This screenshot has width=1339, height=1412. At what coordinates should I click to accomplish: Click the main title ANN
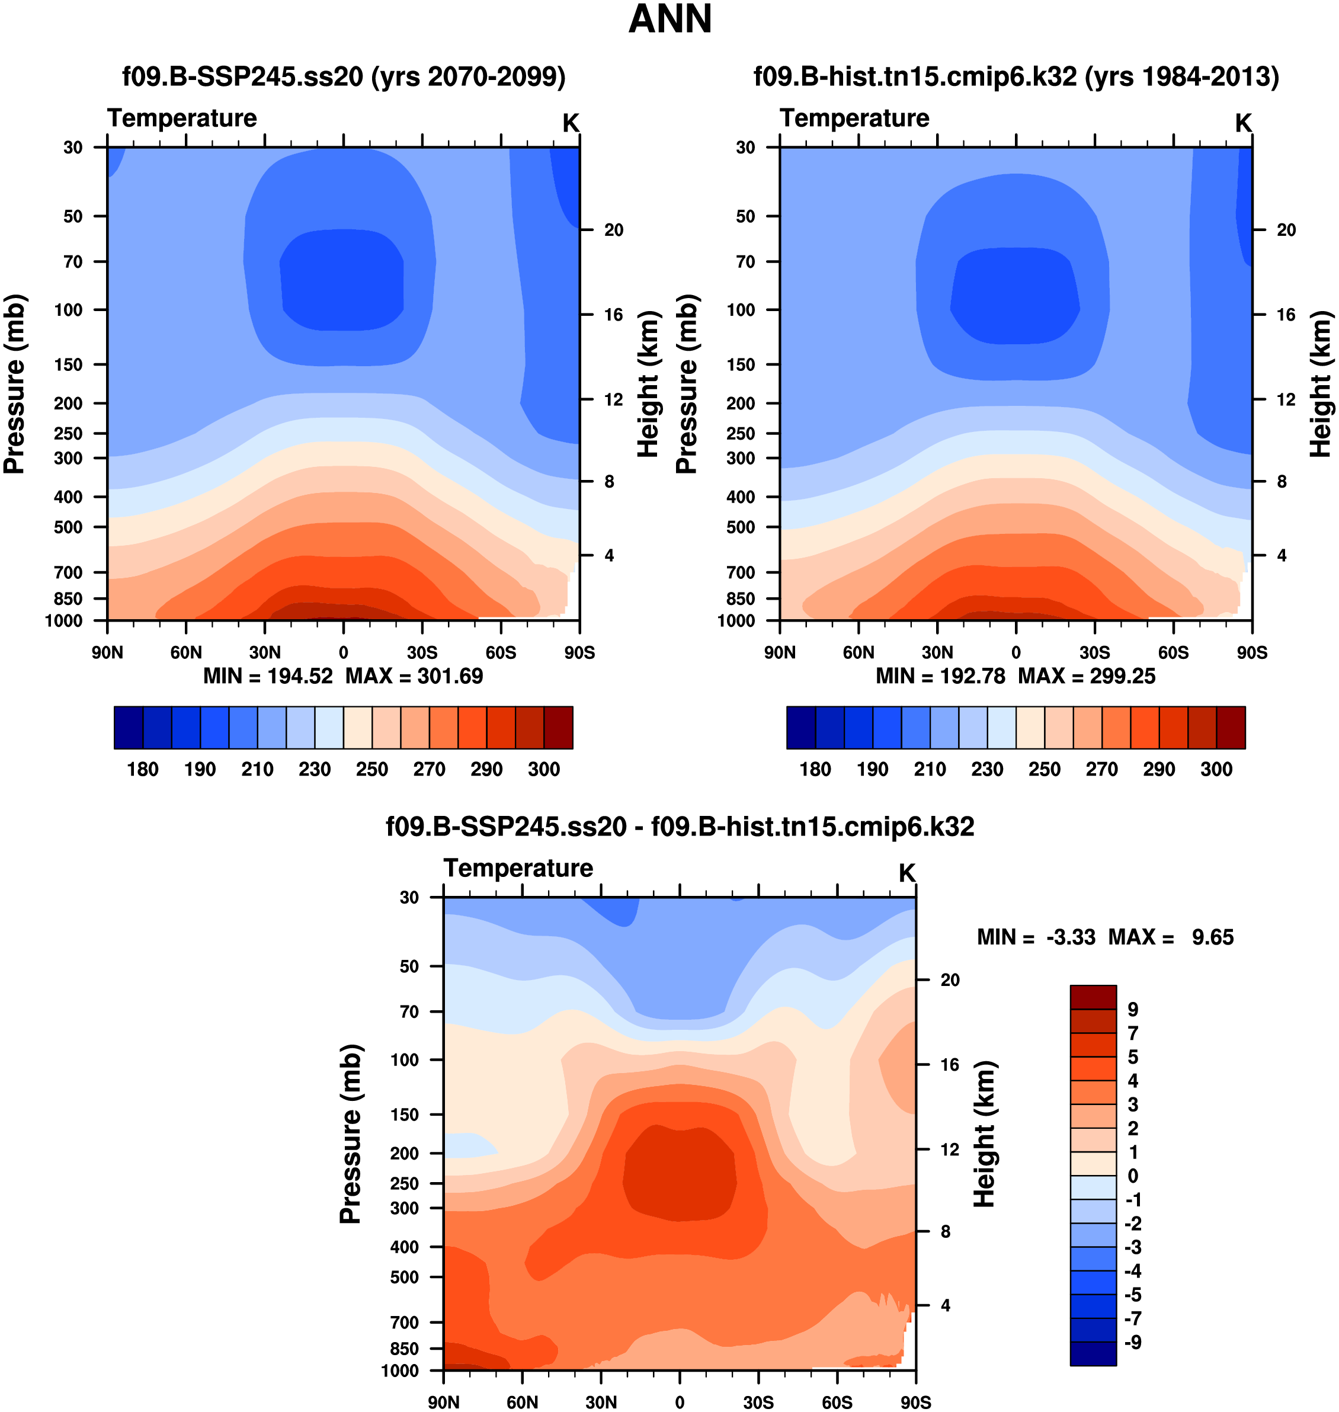(669, 20)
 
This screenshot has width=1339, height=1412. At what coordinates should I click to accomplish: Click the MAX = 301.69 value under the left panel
(414, 676)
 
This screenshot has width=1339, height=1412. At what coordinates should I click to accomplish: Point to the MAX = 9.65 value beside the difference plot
(1171, 937)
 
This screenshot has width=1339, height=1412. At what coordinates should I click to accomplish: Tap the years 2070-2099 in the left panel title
(469, 76)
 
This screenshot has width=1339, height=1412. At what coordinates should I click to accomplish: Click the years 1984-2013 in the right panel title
(1182, 76)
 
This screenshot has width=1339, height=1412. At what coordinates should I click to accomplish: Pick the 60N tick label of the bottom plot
(522, 1402)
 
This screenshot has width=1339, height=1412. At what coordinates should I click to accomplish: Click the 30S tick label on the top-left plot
(422, 652)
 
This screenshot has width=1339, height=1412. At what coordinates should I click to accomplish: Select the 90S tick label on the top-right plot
(1252, 652)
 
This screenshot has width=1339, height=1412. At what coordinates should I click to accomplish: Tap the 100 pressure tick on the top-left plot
(69, 310)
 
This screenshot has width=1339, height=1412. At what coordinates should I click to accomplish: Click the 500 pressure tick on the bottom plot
(405, 1276)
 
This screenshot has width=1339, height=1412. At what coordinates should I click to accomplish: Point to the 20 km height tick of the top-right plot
(1286, 230)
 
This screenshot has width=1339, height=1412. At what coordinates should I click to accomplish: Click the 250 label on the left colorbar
(372, 770)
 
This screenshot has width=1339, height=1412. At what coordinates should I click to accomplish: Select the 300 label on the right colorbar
(1216, 770)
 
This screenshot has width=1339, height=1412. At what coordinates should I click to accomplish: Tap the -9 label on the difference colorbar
(1133, 1342)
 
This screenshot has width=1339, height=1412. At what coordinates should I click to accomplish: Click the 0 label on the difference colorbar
(1133, 1176)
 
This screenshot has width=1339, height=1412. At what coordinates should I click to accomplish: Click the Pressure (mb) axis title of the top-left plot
(14, 384)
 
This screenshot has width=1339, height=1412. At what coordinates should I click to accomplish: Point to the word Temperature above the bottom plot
(518, 868)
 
